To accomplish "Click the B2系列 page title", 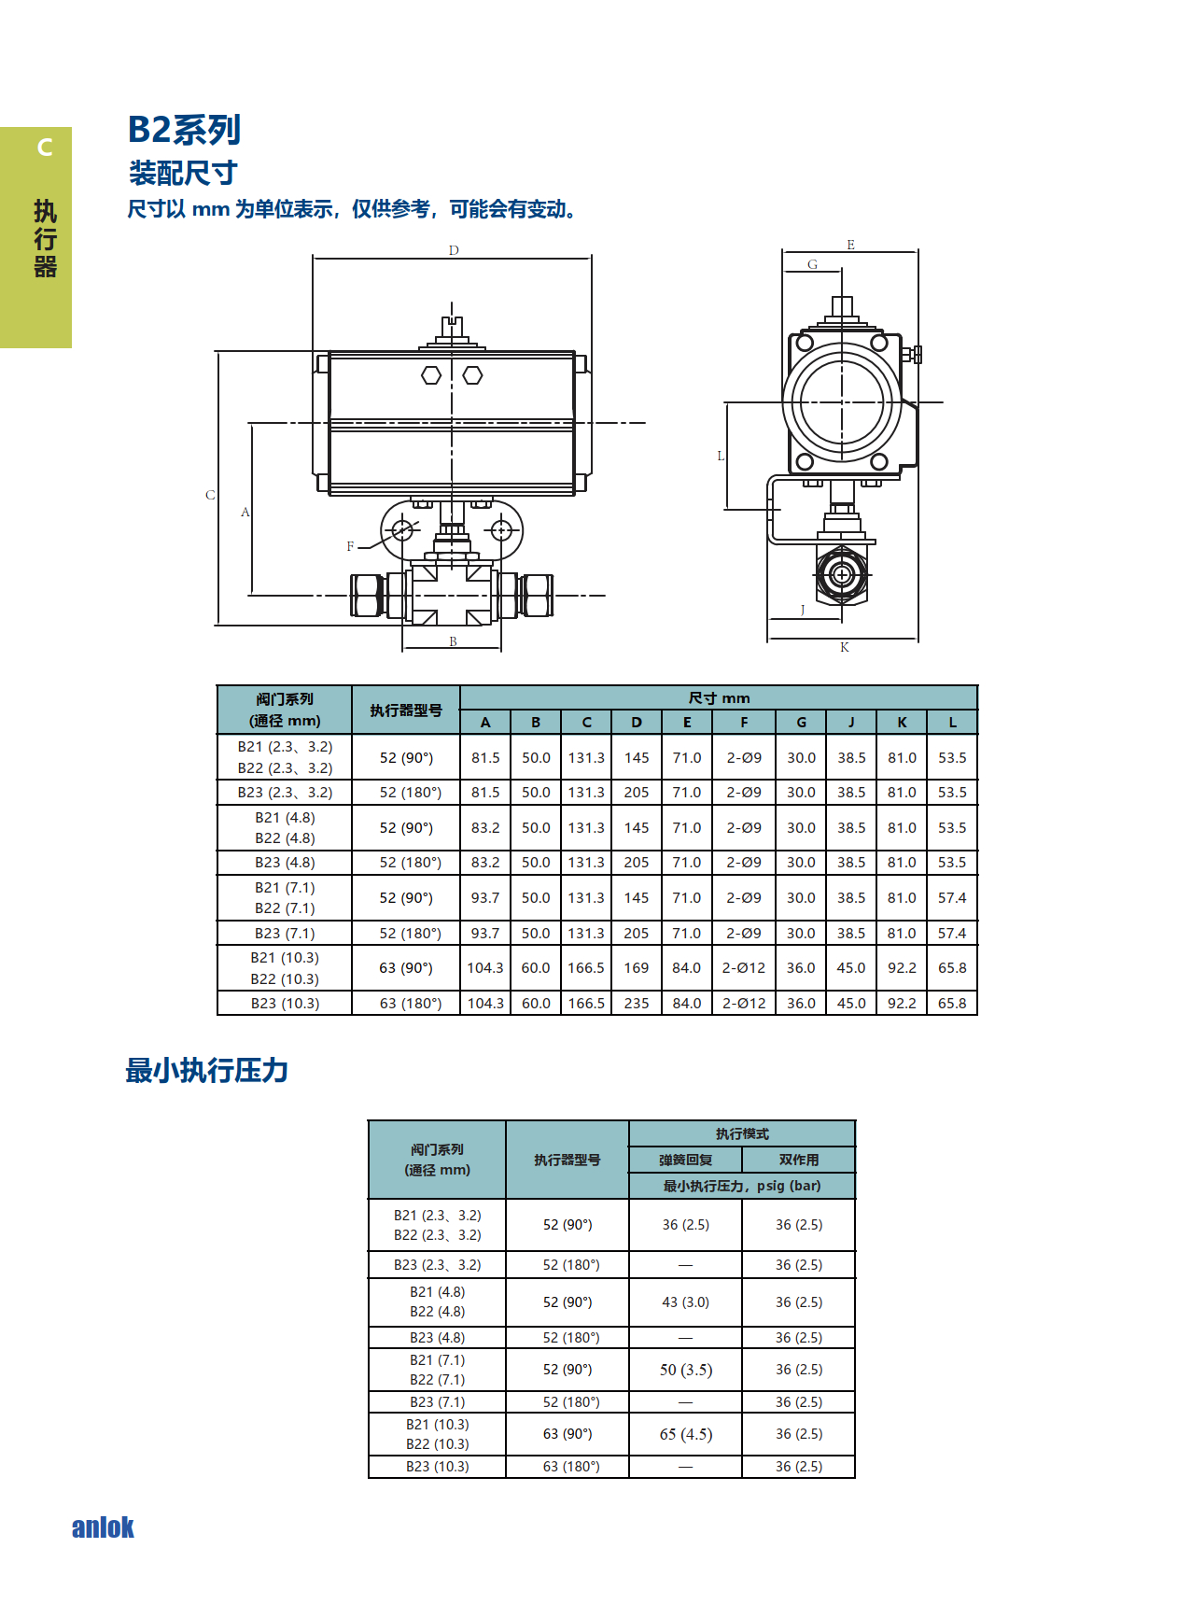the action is tap(184, 130).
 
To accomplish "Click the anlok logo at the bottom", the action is tap(103, 1527).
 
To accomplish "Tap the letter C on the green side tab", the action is tap(44, 148).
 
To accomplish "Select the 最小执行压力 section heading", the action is tap(207, 1070).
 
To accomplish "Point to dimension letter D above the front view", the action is tap(454, 250).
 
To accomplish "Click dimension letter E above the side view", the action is tap(850, 245).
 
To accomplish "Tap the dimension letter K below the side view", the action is tap(845, 647).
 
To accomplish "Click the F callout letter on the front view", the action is tap(351, 546).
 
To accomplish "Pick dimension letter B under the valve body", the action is tap(453, 641).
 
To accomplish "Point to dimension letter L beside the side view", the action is tap(721, 456).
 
